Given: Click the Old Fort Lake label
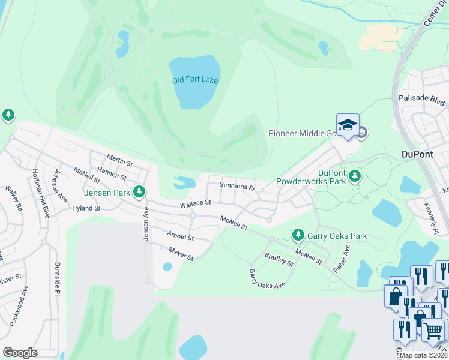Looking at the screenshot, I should pos(195,80).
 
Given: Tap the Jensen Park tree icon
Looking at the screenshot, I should pos(139,191).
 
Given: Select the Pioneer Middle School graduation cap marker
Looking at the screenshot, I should pos(348,125).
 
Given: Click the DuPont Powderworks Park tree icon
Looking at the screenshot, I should pos(355,175).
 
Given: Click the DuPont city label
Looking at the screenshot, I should pos(417,154).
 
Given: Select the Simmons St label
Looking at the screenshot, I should pos(237,187).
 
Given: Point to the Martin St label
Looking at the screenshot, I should pos(119,160).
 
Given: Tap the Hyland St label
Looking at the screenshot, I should pos(86,208).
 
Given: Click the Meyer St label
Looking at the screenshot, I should pos(181,254).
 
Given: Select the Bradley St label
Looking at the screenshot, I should pos(279,259).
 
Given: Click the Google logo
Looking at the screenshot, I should pos(20,353).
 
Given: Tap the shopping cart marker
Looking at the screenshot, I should pos(433,329).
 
